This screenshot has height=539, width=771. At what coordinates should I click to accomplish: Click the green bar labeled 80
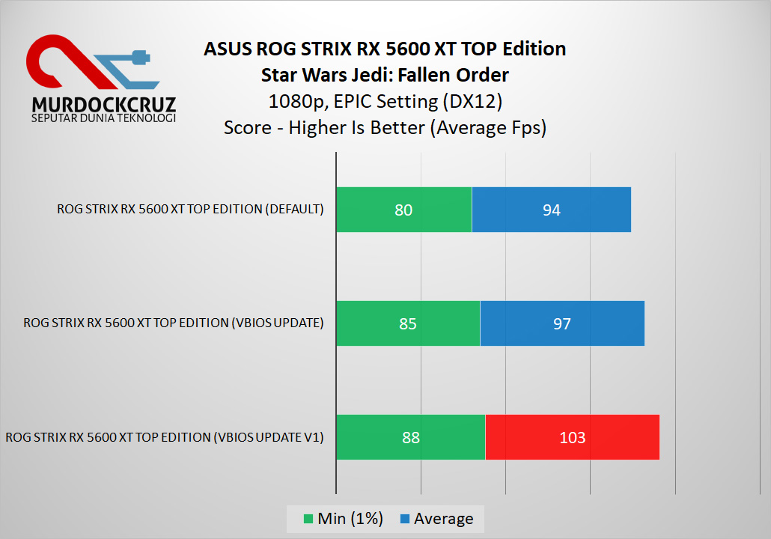click(x=403, y=210)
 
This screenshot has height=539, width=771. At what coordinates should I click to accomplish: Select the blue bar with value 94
click(x=552, y=210)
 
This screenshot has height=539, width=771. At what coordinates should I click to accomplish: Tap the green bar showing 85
click(x=408, y=323)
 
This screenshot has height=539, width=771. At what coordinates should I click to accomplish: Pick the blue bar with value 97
click(x=562, y=323)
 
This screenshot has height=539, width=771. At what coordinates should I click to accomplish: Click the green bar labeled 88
click(x=410, y=437)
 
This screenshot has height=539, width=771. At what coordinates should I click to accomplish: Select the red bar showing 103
click(x=573, y=437)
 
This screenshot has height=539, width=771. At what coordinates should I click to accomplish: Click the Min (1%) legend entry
click(x=344, y=519)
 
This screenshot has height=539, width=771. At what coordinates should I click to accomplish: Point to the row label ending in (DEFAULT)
click(x=190, y=209)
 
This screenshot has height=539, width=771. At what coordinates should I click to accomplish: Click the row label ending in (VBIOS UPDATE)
click(x=174, y=323)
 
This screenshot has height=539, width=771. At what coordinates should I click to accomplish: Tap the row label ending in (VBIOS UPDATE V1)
click(x=165, y=436)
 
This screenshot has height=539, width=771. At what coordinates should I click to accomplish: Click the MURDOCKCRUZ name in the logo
click(x=103, y=103)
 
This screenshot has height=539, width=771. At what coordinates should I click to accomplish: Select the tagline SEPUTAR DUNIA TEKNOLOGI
click(x=103, y=118)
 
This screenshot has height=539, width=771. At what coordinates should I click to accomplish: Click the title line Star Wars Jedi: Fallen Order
click(x=385, y=75)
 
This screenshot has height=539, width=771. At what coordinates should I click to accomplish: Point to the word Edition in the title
click(x=534, y=49)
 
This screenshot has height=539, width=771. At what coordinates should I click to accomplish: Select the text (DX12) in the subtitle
click(x=476, y=101)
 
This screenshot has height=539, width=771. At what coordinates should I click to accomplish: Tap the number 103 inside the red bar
click(x=573, y=438)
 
